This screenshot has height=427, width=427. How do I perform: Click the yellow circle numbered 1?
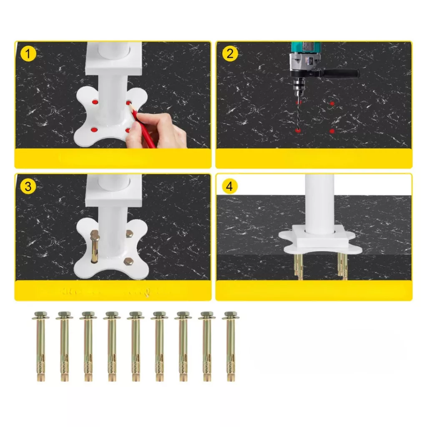tap(28, 53)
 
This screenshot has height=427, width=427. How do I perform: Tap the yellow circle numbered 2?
tap(230, 53)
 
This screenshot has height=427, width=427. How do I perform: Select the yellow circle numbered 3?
tap(28, 186)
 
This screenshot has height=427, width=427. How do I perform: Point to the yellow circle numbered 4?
tap(230, 186)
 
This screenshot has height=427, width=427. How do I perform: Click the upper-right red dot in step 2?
tap(332, 103)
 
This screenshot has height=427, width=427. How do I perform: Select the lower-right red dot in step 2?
tap(332, 131)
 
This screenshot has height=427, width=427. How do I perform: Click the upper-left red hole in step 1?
tap(95, 103)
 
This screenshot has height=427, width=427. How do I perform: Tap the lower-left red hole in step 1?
tap(94, 130)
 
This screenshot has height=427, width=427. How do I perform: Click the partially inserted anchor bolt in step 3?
tap(95, 246)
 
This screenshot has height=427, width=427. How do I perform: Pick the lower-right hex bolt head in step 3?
tap(128, 261)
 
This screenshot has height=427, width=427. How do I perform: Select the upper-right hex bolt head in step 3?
tap(129, 234)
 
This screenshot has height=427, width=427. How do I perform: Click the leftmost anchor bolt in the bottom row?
tap(40, 346)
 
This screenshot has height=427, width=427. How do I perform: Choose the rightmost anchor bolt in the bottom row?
tap(231, 346)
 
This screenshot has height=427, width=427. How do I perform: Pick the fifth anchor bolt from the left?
tap(136, 346)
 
